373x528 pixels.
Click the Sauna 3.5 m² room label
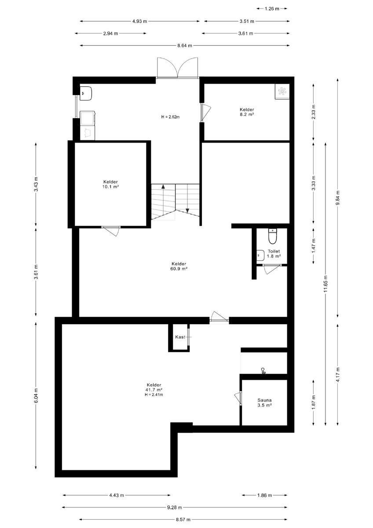(x=264, y=403)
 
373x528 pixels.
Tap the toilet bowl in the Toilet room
(x=272, y=236)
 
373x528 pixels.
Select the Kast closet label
(x=180, y=337)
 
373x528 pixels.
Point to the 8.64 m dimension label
(x=185, y=45)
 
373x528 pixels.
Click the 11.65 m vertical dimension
(x=325, y=284)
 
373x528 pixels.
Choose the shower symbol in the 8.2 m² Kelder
(x=282, y=91)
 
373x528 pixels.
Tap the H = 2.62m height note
(x=170, y=117)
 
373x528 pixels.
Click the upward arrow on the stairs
(x=163, y=187)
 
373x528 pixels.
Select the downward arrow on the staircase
(x=187, y=210)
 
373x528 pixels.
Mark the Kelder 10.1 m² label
(x=110, y=184)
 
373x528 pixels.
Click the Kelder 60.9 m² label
(x=179, y=266)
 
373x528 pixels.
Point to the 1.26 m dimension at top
(x=272, y=9)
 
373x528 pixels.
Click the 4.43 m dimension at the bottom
(x=117, y=495)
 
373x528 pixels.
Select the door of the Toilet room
(x=272, y=269)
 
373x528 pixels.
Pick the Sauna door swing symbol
(x=238, y=398)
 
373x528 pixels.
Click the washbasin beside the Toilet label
(x=260, y=255)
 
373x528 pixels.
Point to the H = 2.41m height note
(x=154, y=395)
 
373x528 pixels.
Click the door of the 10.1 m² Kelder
(x=111, y=231)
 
